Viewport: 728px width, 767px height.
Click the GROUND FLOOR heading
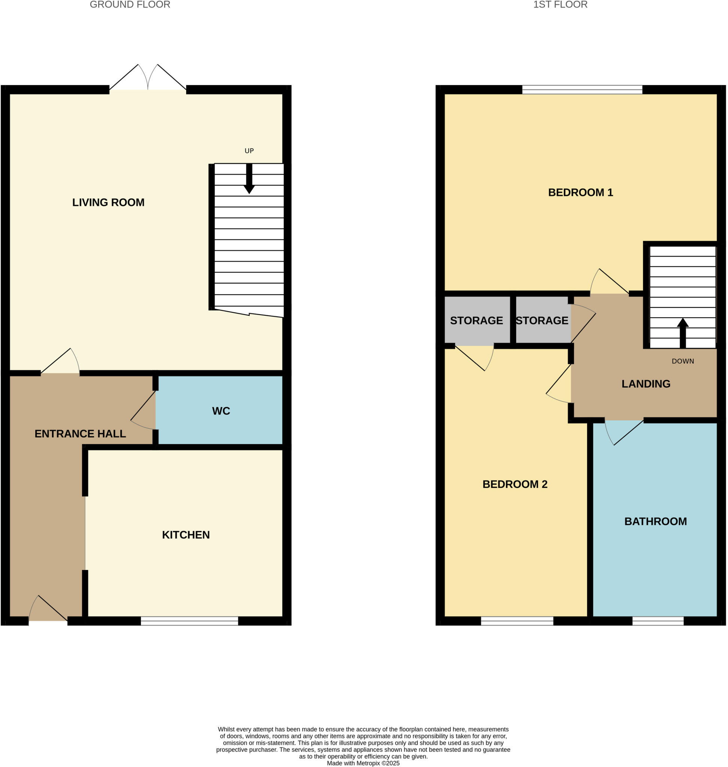(130, 4)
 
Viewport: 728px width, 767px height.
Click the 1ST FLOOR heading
(560, 4)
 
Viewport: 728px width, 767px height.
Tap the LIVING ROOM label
(108, 203)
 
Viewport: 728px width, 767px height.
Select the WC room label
(221, 411)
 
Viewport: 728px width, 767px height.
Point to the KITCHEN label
(185, 535)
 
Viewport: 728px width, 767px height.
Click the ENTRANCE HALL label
(80, 434)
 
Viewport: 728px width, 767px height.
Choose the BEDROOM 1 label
(580, 192)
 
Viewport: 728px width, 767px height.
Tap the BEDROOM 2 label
(514, 484)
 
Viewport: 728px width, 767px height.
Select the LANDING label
(646, 384)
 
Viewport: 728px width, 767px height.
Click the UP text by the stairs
(249, 151)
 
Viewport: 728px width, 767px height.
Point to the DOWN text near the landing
(683, 361)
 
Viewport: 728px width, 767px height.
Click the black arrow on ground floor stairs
(249, 179)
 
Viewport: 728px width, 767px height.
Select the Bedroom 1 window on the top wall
(582, 90)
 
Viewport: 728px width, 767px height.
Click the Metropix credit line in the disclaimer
(363, 763)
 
